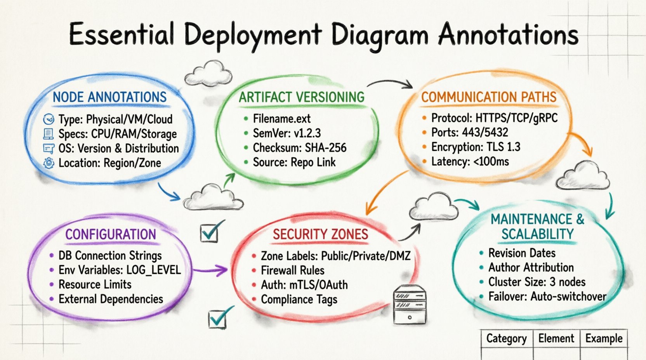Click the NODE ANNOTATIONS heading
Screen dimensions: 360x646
point(110,97)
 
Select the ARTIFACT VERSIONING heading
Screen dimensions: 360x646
point(302,97)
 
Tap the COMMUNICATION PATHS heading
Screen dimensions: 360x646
point(489,97)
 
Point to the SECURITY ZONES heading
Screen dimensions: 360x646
point(320,234)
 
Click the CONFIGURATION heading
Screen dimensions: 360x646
point(111,234)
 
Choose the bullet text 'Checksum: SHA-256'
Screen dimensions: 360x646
point(299,148)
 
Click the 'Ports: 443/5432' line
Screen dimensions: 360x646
point(469,132)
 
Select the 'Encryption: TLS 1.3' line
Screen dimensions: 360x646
point(476,147)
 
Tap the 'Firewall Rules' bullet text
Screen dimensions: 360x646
point(292,270)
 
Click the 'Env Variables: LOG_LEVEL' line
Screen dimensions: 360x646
point(120,270)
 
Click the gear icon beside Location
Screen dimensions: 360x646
point(49,163)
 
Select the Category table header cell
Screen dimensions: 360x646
point(506,339)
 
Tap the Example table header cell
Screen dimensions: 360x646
point(604,339)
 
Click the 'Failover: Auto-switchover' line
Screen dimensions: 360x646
point(547,297)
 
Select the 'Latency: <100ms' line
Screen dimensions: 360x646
point(470,162)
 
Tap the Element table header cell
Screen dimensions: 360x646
point(556,339)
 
